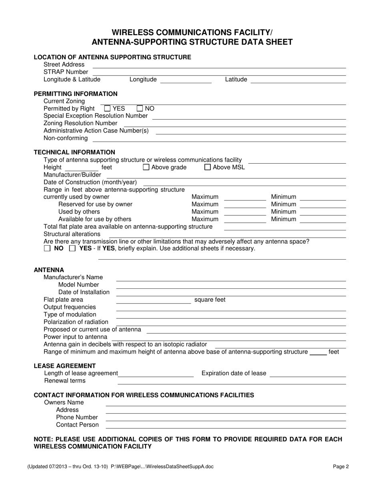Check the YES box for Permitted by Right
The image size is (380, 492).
point(107,108)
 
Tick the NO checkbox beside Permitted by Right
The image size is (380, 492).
point(140,108)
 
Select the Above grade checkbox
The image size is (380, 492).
point(146,167)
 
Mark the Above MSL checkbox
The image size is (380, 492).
point(208,167)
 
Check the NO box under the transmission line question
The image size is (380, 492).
point(47,248)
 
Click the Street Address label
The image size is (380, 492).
point(64,64)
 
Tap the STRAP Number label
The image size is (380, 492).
point(66,72)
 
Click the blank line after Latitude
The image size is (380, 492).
point(298,80)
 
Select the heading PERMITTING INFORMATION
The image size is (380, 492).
point(76,94)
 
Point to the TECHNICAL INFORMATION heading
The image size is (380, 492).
point(74,152)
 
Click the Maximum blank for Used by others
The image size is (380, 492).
point(245,212)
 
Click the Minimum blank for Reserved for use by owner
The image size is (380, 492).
point(322,204)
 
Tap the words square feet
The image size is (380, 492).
point(210,300)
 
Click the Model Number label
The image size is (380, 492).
point(78,284)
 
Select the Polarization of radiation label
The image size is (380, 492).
point(76,322)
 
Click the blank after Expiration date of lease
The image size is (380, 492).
point(308,374)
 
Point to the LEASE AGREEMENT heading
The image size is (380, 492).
point(65,366)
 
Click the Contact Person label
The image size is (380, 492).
point(77,424)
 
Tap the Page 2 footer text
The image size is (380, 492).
point(341,466)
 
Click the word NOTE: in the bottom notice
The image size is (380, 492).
point(44,439)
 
